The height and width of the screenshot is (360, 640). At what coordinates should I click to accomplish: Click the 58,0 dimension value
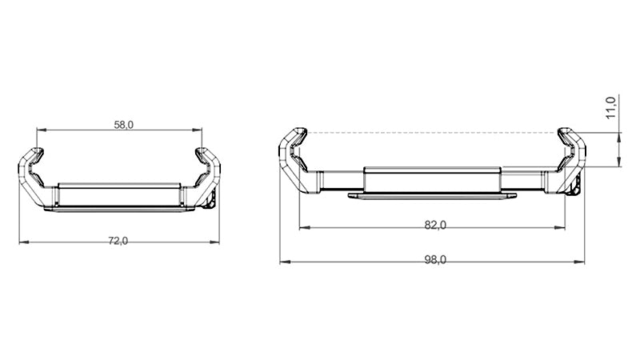pyautogui.click(x=124, y=125)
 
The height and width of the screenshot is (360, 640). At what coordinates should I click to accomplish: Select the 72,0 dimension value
pyautogui.click(x=118, y=241)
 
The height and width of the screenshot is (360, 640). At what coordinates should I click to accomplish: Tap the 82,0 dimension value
pyautogui.click(x=435, y=225)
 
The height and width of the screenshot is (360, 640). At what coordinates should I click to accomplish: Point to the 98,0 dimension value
pyautogui.click(x=435, y=259)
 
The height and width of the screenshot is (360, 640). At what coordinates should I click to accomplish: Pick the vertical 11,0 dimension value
pyautogui.click(x=610, y=108)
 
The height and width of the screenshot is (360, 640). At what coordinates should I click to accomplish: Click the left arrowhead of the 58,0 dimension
pyautogui.click(x=42, y=130)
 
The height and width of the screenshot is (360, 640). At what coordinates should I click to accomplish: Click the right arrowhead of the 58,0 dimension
pyautogui.click(x=197, y=130)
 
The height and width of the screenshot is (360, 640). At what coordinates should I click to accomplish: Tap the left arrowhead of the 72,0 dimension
pyautogui.click(x=24, y=242)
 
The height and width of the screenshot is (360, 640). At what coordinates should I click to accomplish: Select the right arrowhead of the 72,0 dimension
pyautogui.click(x=214, y=242)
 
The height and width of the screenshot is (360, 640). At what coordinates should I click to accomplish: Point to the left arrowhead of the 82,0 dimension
pyautogui.click(x=305, y=228)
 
